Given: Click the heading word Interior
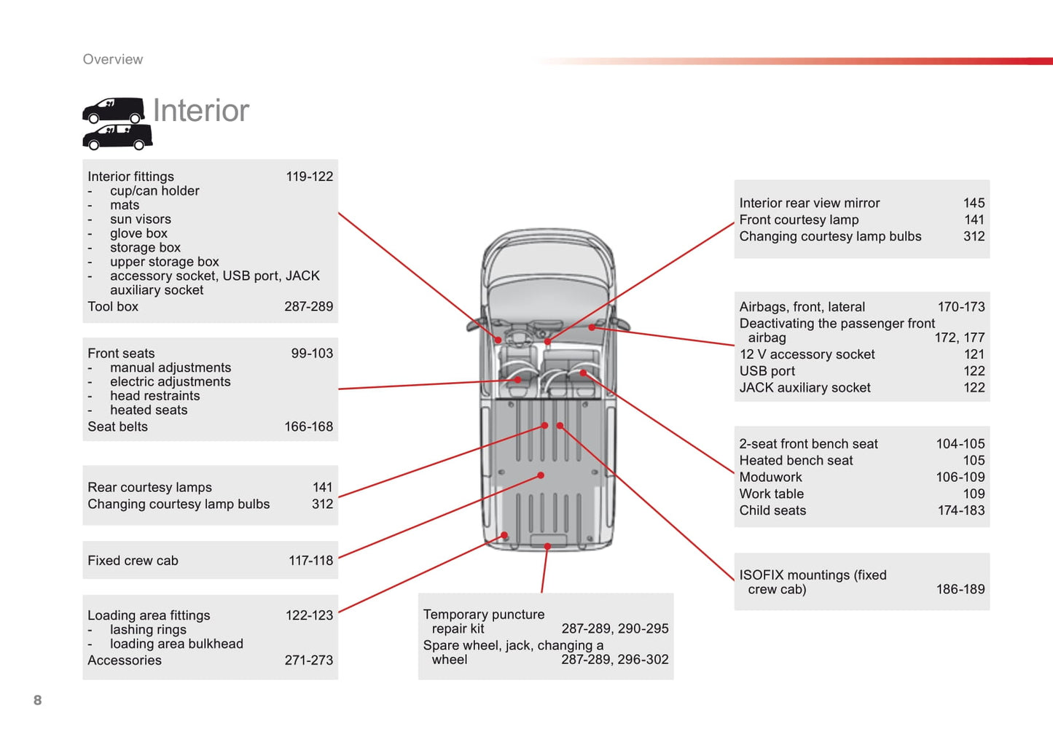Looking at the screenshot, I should point(201,111).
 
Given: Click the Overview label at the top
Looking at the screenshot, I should point(113,60).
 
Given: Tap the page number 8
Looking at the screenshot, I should point(38,700).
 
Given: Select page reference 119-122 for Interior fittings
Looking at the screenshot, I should point(309,176).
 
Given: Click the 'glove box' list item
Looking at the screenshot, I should point(138,233).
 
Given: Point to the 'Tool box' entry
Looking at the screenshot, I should point(113,306).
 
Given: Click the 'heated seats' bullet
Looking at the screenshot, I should point(149,410).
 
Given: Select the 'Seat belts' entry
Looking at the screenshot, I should point(117,426).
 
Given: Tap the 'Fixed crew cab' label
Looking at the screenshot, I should point(133,561).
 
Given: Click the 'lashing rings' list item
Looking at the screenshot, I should point(148,629).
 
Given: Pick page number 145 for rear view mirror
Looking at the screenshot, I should point(974,203).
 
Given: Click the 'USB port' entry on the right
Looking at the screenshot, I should point(767,371).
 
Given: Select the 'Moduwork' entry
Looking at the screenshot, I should point(770,477).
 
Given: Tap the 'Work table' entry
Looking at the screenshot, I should point(771,494).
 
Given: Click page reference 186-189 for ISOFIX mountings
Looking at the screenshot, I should point(960,589).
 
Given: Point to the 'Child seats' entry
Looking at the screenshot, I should point(772,510).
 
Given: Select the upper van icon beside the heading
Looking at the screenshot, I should point(113,110).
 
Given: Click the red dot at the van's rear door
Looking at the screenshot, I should point(547,545).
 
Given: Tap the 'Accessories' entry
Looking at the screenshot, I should point(125,660).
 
